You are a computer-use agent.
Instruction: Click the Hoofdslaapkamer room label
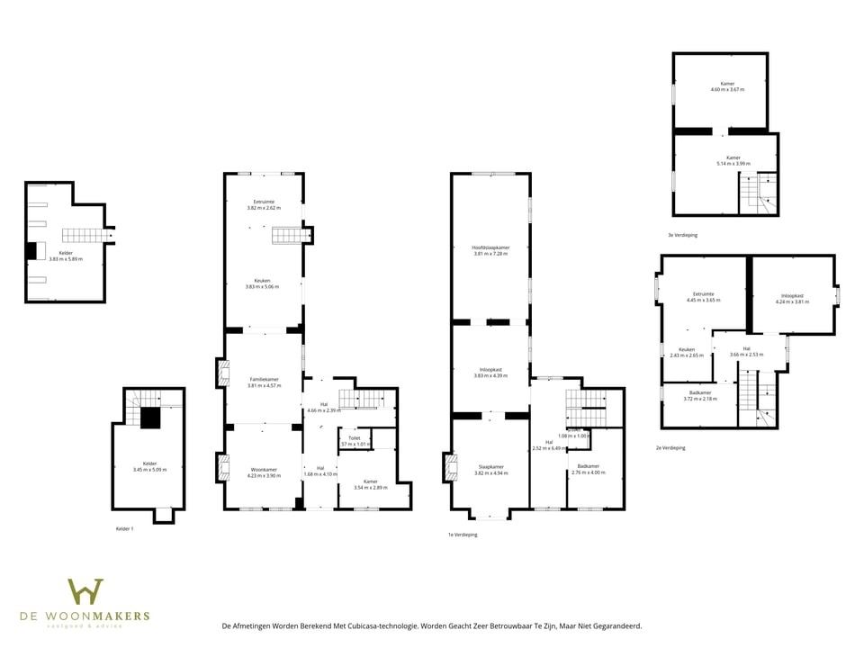pos(490,247)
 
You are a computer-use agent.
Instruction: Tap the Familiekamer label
pos(264,380)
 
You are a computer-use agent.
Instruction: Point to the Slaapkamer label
pos(490,466)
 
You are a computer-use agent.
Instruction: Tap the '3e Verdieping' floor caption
pos(682,235)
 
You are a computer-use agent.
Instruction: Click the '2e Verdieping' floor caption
pos(670,447)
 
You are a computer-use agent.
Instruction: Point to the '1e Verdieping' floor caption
pos(463,535)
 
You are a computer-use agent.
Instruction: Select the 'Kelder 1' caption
pos(124,528)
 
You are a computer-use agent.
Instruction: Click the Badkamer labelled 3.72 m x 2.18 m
pos(699,393)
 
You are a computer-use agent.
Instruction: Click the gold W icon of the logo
pos(85,591)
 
